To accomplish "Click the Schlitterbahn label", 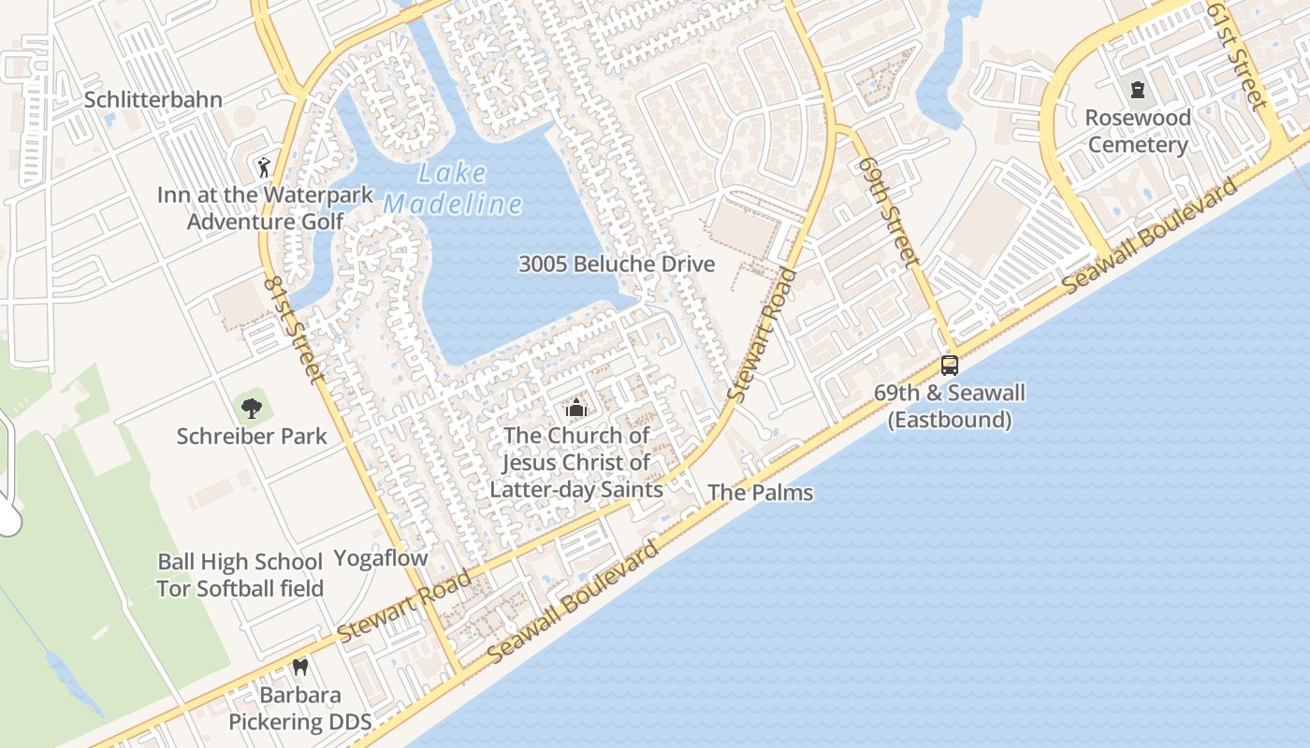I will (153, 100).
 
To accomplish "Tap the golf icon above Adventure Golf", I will (263, 167).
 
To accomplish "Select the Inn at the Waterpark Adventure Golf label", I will (265, 209).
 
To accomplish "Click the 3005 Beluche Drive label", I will (617, 265).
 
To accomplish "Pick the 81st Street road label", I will (295, 328).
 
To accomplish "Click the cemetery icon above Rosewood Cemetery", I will (1138, 90).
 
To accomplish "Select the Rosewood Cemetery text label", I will (1138, 132).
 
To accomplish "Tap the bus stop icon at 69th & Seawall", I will (950, 366).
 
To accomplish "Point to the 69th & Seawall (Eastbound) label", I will (950, 406).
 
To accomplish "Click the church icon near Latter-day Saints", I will (575, 408).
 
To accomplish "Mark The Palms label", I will (760, 493).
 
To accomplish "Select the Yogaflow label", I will (381, 558).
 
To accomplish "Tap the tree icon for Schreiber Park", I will (252, 408).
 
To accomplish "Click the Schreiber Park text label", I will (252, 436).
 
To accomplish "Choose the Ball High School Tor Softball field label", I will (240, 575).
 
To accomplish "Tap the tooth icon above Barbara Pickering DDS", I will (300, 668).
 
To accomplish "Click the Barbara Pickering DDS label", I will (300, 709).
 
